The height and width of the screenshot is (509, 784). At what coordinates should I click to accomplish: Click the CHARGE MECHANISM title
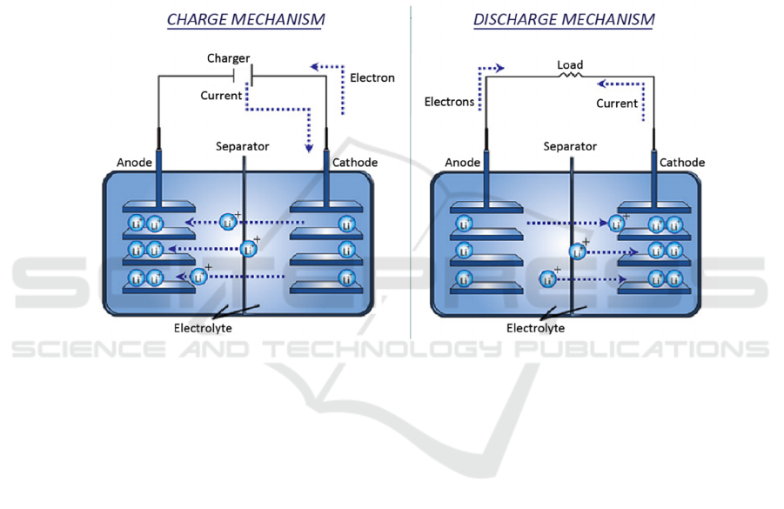[x=245, y=19]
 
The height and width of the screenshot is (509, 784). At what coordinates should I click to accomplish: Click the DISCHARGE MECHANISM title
[x=564, y=19]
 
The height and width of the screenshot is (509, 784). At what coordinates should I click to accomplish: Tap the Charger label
[x=228, y=58]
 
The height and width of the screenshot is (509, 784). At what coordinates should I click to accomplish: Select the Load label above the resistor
[x=570, y=64]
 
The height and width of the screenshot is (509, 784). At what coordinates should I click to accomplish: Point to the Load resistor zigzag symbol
[x=571, y=76]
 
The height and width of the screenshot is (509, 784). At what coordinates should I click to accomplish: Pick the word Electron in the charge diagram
[x=372, y=77]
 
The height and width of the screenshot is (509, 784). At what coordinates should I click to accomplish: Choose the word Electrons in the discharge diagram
[x=449, y=102]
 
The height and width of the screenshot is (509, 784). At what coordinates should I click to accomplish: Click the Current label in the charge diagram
[x=221, y=96]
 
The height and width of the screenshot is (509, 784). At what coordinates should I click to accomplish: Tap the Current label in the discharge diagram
[x=617, y=104]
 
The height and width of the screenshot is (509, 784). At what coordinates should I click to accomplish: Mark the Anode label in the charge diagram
[x=135, y=163]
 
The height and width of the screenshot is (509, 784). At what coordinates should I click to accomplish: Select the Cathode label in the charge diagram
[x=355, y=163]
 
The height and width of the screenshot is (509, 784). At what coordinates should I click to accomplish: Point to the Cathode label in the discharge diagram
[x=681, y=163]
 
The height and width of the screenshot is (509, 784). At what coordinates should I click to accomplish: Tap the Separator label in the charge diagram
[x=243, y=146]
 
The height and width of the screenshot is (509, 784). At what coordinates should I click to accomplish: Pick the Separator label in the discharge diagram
[x=570, y=146]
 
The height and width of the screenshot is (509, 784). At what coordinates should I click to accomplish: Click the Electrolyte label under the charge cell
[x=203, y=328]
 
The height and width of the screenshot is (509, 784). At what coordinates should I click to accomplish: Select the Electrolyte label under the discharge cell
[x=535, y=328]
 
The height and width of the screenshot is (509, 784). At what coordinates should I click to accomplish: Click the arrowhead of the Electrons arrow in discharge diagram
[x=499, y=66]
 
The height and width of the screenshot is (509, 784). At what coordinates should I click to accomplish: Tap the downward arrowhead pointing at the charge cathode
[x=309, y=147]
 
